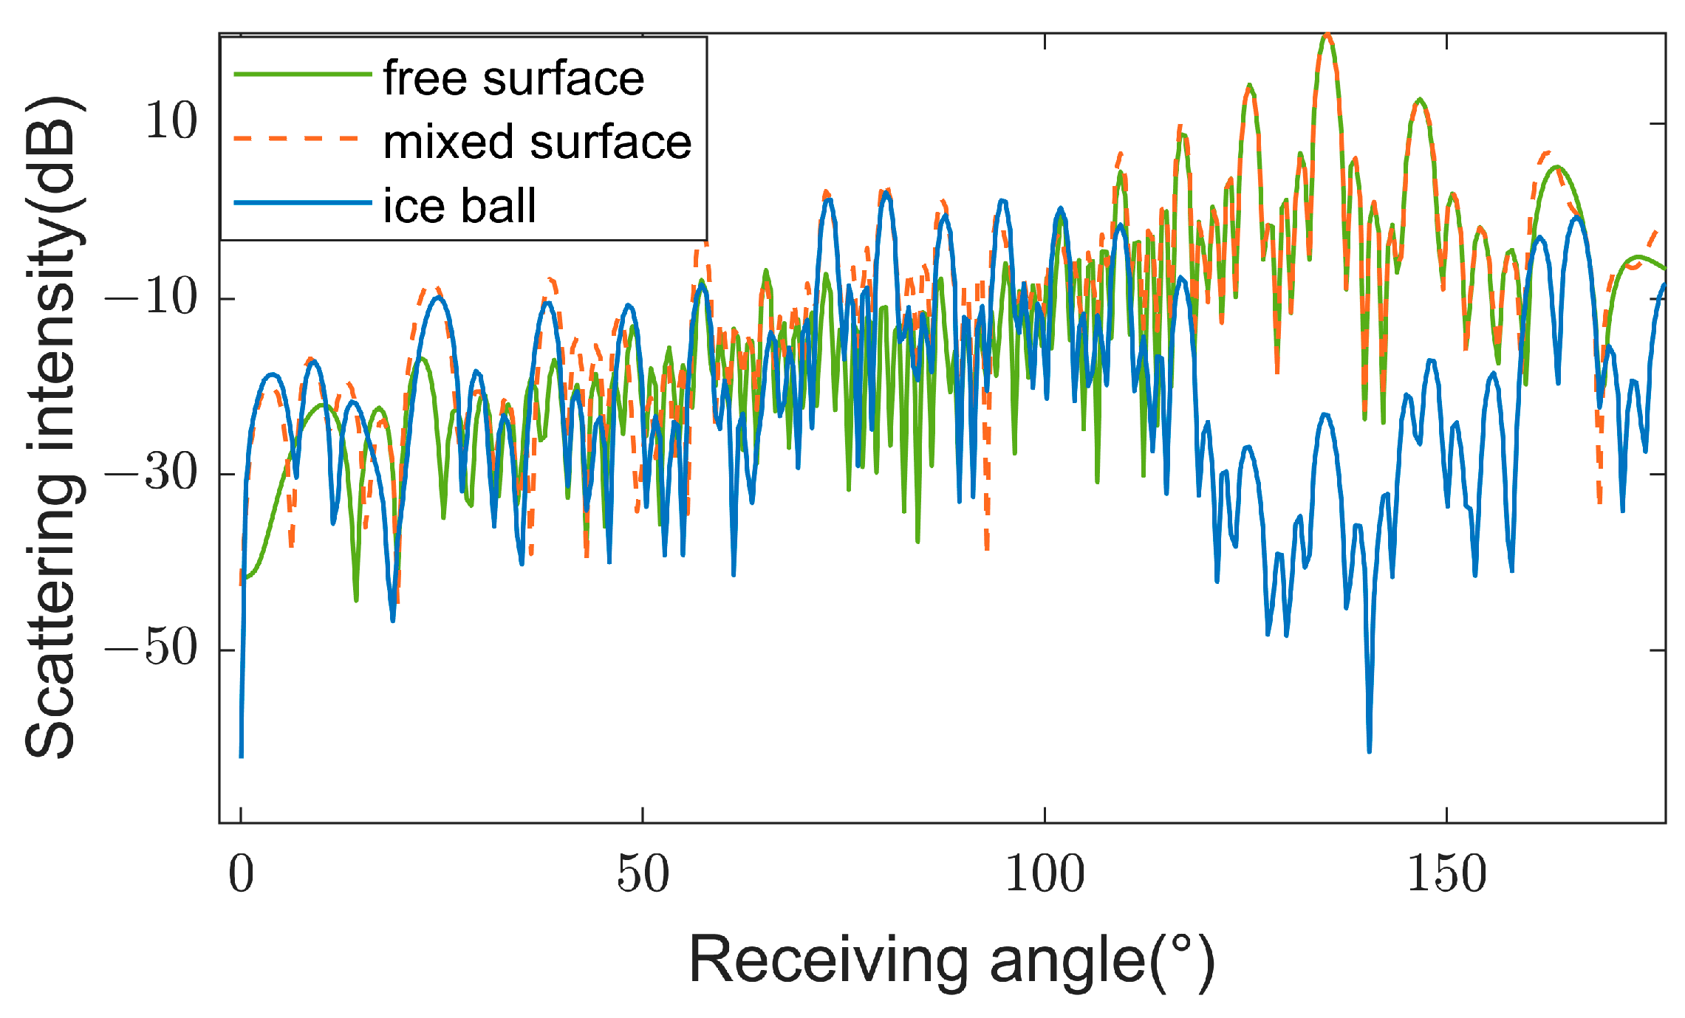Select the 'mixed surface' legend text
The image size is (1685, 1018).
tap(537, 142)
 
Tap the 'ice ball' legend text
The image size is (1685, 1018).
tap(459, 205)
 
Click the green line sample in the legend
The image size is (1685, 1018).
tap(302, 74)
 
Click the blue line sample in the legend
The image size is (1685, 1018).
tap(302, 202)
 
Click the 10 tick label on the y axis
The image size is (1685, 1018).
tap(171, 122)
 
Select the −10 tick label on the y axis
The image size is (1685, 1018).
tap(152, 298)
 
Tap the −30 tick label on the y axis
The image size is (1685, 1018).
tap(152, 472)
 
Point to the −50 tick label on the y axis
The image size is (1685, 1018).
tap(152, 648)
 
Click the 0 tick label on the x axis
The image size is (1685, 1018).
tap(241, 874)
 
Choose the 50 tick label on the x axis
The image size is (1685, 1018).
tap(643, 874)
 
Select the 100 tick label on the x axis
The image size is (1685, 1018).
tap(1045, 874)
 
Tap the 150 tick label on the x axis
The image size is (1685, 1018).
tap(1446, 874)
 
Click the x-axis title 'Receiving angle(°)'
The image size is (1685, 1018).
tap(951, 960)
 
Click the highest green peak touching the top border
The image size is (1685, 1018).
tap(1327, 36)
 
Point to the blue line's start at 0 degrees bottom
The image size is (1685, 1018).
tap(242, 754)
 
